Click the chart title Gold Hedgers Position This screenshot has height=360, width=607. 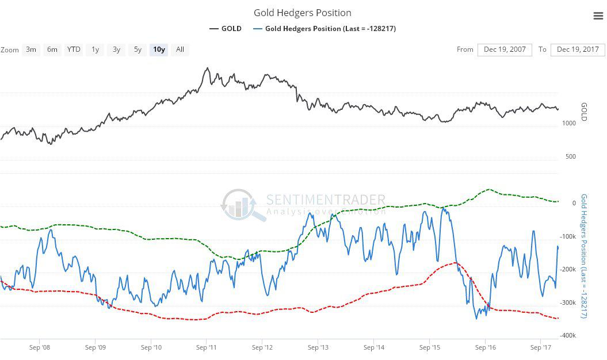coord(302,13)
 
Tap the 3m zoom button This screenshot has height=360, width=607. coord(31,49)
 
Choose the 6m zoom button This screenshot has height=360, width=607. coord(52,49)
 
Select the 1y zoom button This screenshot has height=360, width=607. coord(95,49)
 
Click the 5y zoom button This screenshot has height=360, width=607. coord(138,49)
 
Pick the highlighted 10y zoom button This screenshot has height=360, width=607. coord(159,49)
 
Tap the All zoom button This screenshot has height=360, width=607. coord(180,49)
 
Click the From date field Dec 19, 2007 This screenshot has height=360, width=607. coord(505,49)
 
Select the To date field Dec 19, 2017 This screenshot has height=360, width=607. coord(578,49)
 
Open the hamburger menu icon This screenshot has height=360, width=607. coord(598,16)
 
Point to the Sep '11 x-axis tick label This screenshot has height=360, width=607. coord(206,347)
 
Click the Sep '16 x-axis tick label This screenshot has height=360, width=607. coord(485,347)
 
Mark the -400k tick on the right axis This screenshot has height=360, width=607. coord(569,335)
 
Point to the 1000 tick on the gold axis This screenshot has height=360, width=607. coord(569,123)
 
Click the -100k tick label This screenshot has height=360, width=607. coord(569,236)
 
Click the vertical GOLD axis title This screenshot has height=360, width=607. coord(583,112)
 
